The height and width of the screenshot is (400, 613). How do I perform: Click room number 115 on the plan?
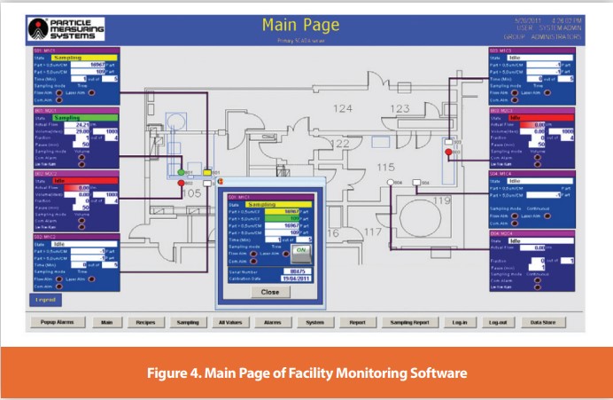[385, 167]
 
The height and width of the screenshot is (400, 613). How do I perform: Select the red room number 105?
[190, 192]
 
